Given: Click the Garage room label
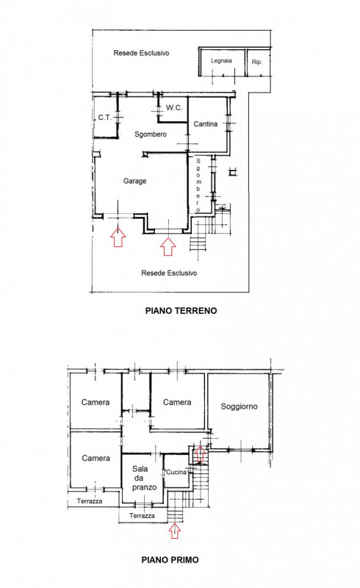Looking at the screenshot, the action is click(x=134, y=181).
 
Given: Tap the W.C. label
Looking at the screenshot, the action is click(x=174, y=108).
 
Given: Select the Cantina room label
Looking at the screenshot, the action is click(x=206, y=123).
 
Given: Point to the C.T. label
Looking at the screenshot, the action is click(x=104, y=118).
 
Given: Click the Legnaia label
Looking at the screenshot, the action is click(x=221, y=61).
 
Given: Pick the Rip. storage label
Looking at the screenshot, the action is click(x=257, y=62).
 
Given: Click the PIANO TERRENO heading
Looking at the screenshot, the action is click(x=181, y=310).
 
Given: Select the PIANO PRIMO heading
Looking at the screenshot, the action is click(x=170, y=560).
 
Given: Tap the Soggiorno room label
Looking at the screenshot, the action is click(x=239, y=406).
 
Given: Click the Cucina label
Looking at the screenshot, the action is click(x=176, y=472).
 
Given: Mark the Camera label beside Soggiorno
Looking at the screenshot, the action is click(x=177, y=402).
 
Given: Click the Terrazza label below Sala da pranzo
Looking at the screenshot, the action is click(x=142, y=516).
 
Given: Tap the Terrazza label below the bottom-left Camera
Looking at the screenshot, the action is click(x=90, y=501).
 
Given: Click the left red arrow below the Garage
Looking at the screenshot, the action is click(x=118, y=237).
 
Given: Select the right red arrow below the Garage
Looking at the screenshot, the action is click(x=168, y=246).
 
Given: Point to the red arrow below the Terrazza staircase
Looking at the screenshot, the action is click(x=175, y=531).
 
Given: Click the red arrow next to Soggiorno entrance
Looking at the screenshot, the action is click(x=200, y=453).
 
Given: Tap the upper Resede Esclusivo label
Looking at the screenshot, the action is click(x=141, y=53).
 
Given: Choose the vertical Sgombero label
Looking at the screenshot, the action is click(x=198, y=185).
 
